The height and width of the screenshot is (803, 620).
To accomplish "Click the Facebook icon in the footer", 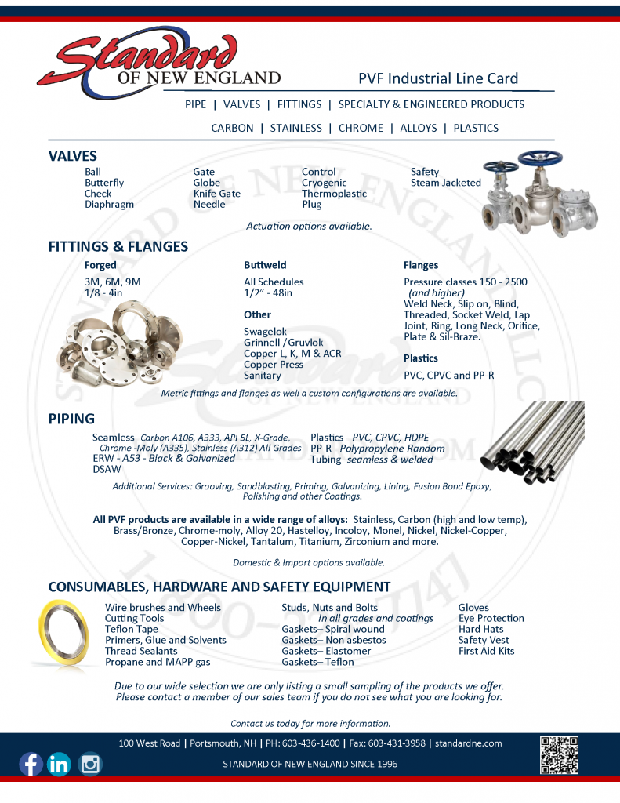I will click(x=31, y=764).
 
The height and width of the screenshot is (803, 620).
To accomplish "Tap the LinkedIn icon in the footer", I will click(x=59, y=764).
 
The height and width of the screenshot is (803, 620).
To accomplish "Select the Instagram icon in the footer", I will click(x=90, y=763).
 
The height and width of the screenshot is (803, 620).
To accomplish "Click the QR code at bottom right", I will click(x=560, y=755).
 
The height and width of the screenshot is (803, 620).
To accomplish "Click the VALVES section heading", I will click(x=73, y=156).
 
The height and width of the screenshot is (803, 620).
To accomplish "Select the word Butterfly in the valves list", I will click(x=104, y=183).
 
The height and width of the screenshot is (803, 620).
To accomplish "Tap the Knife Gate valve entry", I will click(x=216, y=194).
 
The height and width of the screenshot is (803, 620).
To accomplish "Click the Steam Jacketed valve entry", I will click(x=445, y=183).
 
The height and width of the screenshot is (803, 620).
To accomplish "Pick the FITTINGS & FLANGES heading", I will click(x=118, y=246).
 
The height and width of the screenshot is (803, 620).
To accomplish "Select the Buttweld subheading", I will click(x=265, y=265).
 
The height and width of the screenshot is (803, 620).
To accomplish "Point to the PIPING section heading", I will click(x=71, y=419).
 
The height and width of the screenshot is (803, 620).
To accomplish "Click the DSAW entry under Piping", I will click(x=107, y=470).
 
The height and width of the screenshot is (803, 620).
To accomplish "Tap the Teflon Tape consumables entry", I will click(x=132, y=629).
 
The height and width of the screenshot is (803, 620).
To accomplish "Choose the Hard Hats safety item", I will click(x=480, y=629).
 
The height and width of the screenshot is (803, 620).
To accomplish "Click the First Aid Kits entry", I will click(x=486, y=651).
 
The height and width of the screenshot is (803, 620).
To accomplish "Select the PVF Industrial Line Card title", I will click(x=438, y=78).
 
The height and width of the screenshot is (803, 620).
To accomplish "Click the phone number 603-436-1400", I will click(x=311, y=743).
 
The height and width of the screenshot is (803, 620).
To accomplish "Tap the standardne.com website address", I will click(x=469, y=743).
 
